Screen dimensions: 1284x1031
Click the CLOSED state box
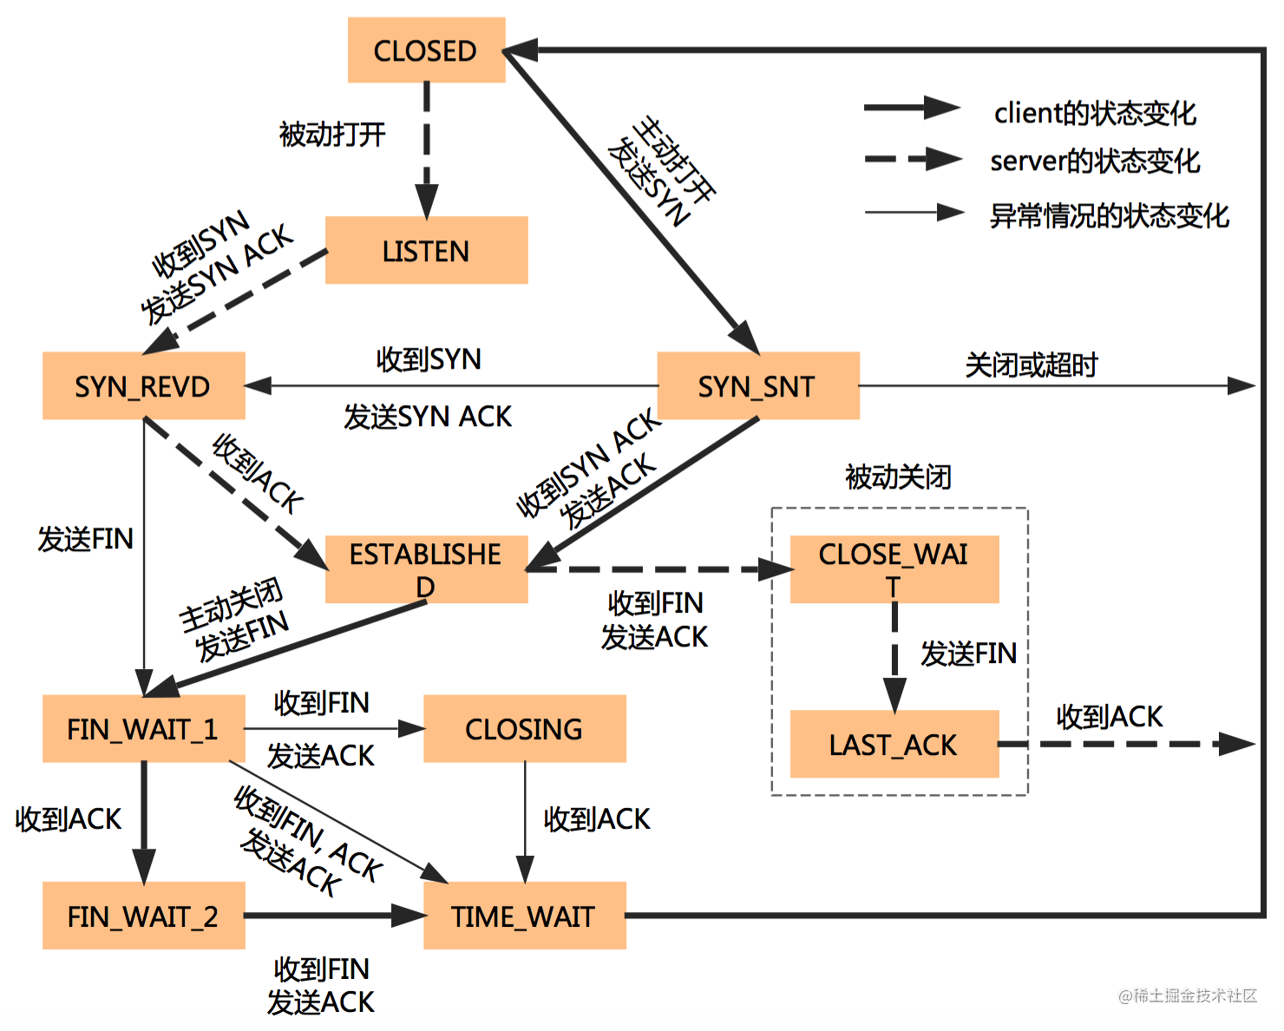427,49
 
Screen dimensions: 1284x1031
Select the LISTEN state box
427,250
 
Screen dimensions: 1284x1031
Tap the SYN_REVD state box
144,385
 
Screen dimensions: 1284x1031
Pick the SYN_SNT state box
757,385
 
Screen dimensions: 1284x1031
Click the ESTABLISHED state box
427,569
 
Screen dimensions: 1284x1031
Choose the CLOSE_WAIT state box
894,569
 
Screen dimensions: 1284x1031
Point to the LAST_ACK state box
894,744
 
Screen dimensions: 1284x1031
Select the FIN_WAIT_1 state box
144,728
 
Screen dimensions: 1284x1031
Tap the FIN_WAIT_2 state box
144,916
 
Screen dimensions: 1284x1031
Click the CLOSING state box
525,728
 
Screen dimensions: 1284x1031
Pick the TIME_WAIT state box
525,916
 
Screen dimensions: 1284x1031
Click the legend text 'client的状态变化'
1096,113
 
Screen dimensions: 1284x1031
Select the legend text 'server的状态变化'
1096,161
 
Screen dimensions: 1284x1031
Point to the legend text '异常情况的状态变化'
1110,215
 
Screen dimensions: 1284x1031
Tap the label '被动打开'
332,134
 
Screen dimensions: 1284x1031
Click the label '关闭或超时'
1032,364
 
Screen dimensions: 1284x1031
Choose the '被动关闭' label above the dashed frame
898,477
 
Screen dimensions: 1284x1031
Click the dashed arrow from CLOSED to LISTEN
427,149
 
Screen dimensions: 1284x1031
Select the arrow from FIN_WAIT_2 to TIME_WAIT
334,916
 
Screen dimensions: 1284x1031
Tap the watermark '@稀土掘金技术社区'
1188,995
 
